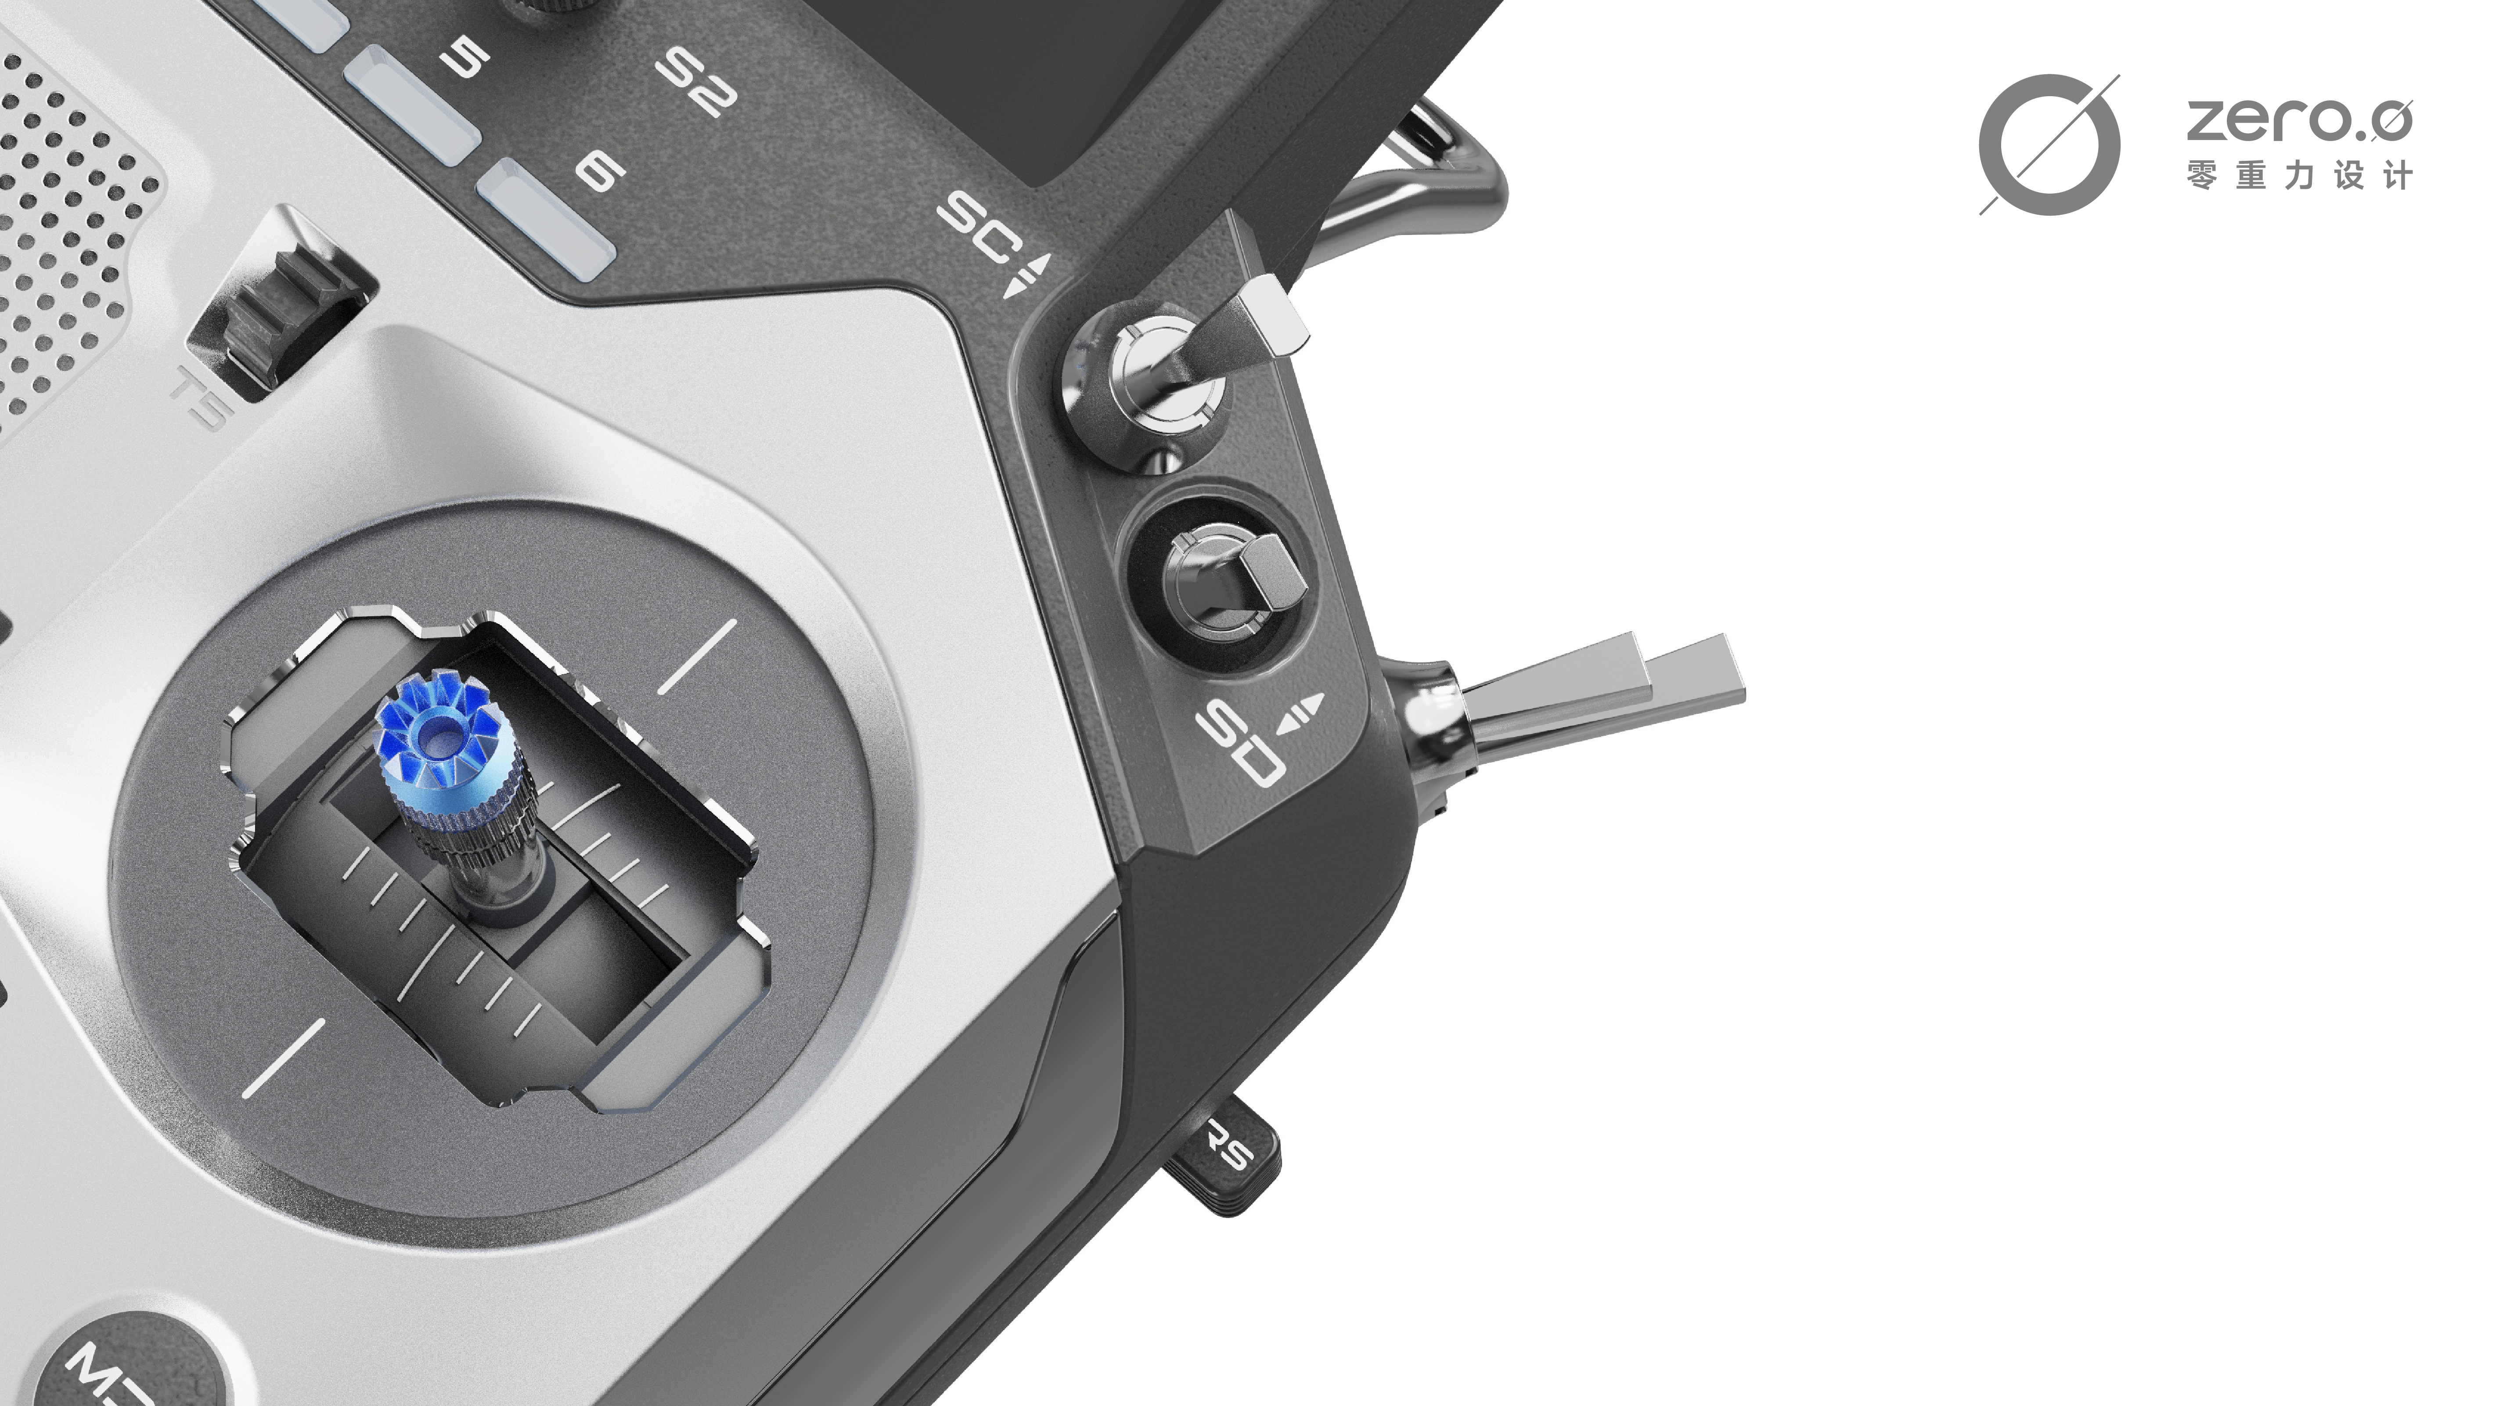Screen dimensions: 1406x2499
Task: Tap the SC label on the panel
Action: coord(977,228)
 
